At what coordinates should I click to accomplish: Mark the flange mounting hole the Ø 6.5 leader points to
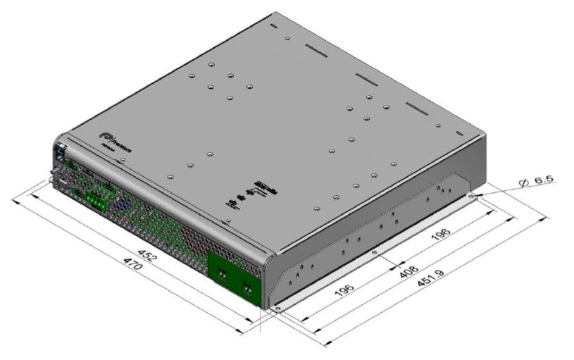(471, 197)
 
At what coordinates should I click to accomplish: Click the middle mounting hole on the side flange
(375, 252)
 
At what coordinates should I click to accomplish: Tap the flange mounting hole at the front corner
(279, 308)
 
